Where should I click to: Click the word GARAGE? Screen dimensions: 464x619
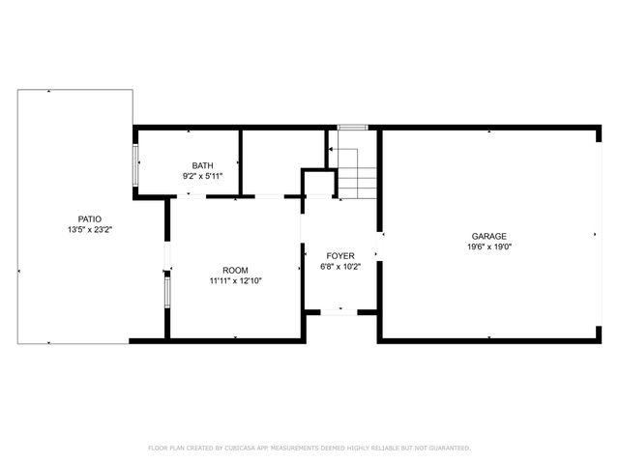(488, 236)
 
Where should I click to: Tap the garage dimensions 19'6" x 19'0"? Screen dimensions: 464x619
(488, 246)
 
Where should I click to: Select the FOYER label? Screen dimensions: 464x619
(339, 255)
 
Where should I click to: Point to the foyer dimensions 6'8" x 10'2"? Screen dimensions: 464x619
(339, 267)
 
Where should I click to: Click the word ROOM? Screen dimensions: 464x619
(236, 270)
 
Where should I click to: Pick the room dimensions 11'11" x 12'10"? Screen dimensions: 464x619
(236, 281)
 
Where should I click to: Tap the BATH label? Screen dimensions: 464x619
(202, 165)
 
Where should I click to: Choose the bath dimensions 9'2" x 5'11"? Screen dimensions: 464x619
(202, 176)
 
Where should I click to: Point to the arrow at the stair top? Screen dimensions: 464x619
(331, 150)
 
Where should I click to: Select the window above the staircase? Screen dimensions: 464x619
(352, 127)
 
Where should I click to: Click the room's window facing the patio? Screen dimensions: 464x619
(167, 289)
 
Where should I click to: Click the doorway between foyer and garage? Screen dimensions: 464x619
(379, 247)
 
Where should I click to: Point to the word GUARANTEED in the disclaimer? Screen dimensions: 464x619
(447, 449)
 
